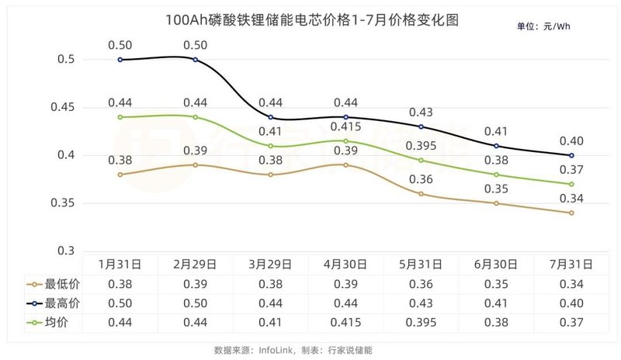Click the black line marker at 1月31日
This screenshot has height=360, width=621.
[120, 59]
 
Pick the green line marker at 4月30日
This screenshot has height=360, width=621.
[345, 140]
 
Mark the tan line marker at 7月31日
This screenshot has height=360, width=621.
[571, 213]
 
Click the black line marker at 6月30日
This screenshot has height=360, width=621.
[496, 146]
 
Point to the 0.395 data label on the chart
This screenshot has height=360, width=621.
[421, 145]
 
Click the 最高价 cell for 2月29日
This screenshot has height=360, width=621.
[195, 302]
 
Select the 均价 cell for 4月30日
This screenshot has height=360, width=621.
[345, 321]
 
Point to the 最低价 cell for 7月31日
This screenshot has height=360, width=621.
[571, 283]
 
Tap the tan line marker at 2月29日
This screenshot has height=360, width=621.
[195, 164]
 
